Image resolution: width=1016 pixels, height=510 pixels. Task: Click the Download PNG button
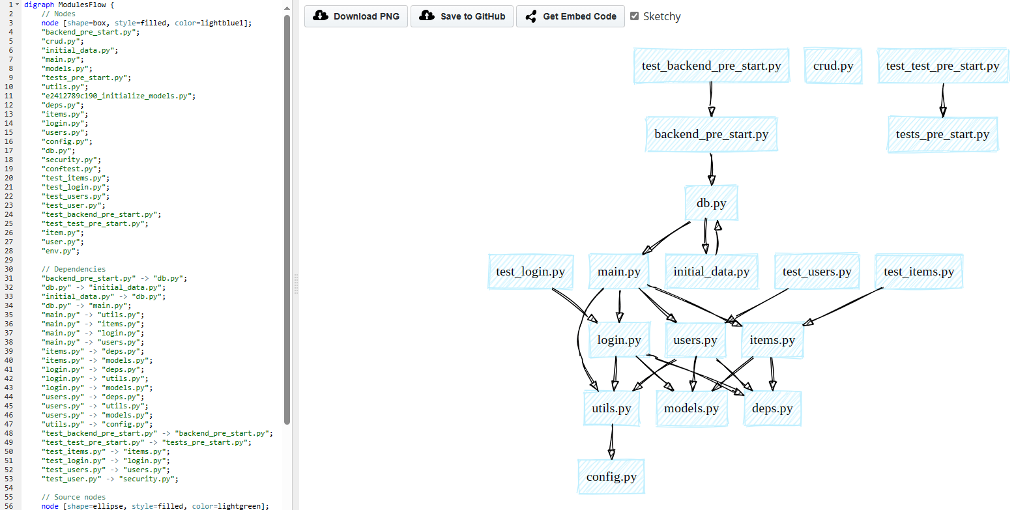(356, 16)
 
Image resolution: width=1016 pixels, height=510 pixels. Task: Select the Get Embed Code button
(570, 16)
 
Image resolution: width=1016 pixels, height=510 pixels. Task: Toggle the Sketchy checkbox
(635, 16)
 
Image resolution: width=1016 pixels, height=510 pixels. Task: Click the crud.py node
(833, 66)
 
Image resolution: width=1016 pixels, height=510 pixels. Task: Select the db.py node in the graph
(711, 203)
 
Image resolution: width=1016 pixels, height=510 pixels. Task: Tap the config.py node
(611, 477)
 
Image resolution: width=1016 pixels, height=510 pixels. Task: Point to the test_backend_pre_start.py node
(711, 66)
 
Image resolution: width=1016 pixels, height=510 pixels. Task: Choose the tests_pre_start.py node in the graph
(942, 135)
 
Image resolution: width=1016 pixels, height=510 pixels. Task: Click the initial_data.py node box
(711, 272)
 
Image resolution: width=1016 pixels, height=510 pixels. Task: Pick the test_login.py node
(530, 272)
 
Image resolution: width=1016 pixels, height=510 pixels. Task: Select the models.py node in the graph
(691, 408)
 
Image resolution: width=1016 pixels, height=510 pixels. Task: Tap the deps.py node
(772, 408)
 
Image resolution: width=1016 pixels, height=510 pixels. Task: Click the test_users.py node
(817, 272)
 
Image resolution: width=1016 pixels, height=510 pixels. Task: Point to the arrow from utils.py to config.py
(612, 442)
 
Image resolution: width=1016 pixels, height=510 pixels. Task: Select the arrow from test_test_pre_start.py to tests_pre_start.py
(942, 100)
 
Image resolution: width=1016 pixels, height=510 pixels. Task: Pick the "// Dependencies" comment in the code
(73, 269)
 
